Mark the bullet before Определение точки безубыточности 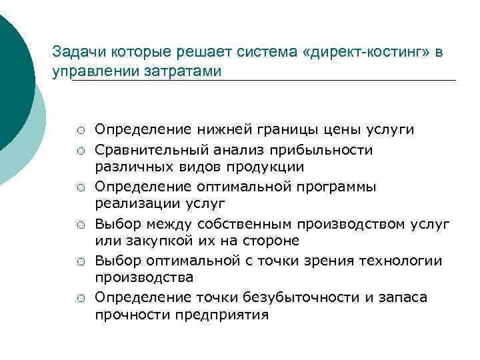click(x=80, y=298)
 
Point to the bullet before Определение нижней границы click(x=80, y=129)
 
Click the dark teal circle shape click(x=10, y=80)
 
